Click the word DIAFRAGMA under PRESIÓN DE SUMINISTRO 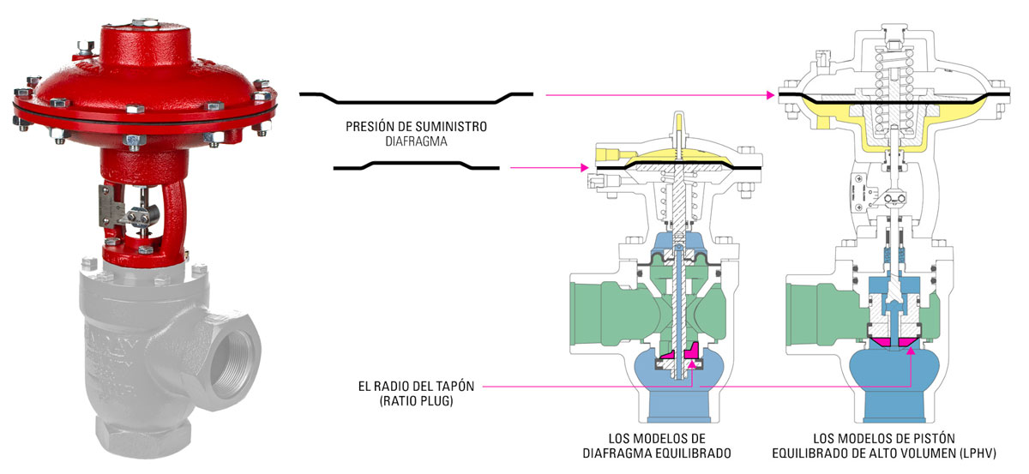pos(416,141)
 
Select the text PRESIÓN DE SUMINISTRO pos(416,126)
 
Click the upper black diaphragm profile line pos(416,94)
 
